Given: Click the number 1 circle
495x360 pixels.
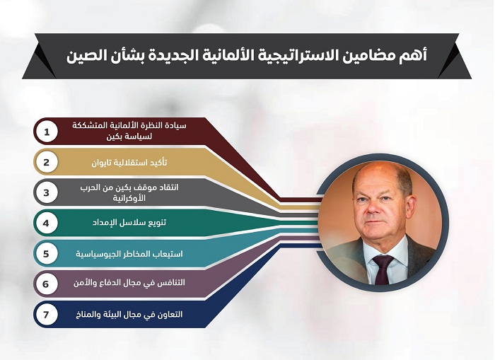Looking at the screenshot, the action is coord(47,132).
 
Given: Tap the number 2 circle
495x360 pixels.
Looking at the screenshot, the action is coord(47,162).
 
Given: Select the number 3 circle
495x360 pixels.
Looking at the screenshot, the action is coord(47,192).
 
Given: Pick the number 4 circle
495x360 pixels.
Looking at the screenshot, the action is coord(47,223).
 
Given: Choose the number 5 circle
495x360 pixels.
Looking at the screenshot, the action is coord(47,254).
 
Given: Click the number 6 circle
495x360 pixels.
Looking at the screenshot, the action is coord(47,284).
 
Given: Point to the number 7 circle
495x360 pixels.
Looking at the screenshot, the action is coord(47,315).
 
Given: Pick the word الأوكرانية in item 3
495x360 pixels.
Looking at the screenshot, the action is coord(129,198).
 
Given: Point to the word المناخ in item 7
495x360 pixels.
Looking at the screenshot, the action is coord(86,315).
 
